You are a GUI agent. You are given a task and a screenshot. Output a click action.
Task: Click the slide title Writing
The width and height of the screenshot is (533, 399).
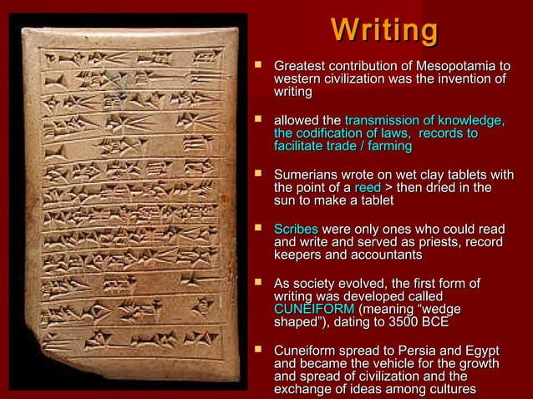point(384,30)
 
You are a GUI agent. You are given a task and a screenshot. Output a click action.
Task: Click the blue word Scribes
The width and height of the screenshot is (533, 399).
point(296,228)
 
